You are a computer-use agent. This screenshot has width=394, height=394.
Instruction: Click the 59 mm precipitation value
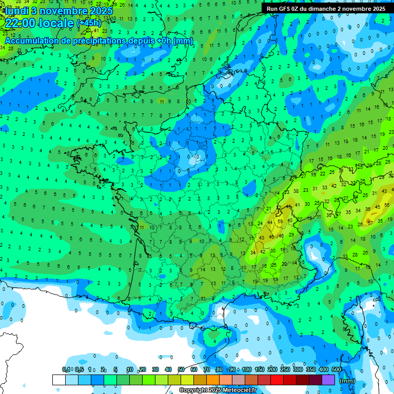280,222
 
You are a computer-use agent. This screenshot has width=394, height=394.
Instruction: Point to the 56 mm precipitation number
386,206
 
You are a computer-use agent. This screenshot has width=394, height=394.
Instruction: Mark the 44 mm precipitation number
270,223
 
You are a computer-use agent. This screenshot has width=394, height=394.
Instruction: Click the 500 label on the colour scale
337,369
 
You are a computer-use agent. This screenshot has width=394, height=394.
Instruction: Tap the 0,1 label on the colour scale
66,369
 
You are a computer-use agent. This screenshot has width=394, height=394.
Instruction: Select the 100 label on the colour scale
247,369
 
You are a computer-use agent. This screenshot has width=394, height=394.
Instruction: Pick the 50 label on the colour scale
181,369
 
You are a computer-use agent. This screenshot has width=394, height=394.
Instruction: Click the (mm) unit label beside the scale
347,381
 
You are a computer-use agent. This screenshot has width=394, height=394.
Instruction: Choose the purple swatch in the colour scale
328,380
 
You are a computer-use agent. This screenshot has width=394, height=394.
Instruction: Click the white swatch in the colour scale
59,380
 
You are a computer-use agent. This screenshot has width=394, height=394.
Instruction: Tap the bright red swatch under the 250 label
277,380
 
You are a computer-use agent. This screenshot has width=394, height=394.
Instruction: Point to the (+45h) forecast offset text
89,23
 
